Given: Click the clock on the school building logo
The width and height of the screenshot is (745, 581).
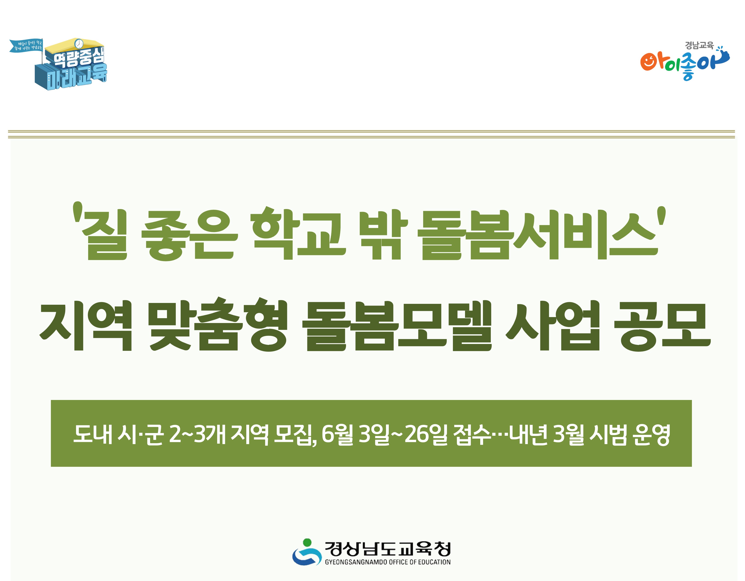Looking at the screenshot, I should (x=79, y=43).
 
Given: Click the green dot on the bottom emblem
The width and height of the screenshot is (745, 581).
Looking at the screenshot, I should (x=307, y=542).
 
